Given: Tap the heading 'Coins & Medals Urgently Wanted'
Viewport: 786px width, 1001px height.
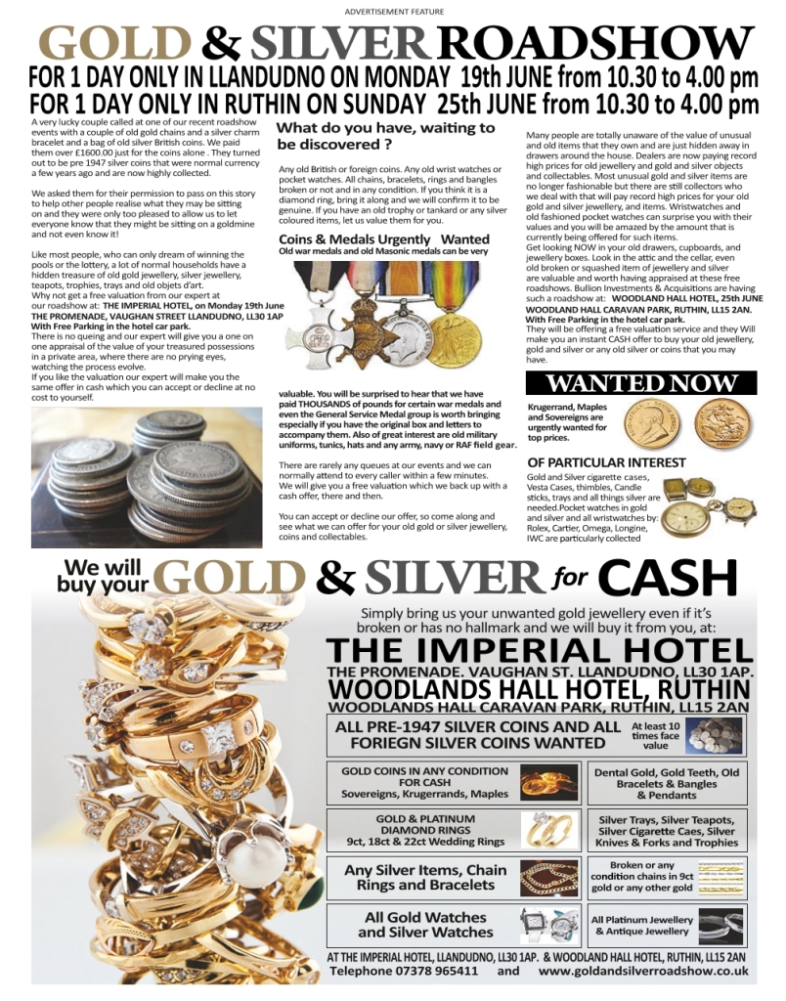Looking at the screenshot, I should click(x=384, y=239).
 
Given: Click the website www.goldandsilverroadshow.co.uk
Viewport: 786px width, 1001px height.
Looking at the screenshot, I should click(x=643, y=972).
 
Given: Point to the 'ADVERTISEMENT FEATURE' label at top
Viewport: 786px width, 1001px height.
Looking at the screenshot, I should click(x=394, y=11).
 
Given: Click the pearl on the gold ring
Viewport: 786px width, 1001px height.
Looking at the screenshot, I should click(x=250, y=860).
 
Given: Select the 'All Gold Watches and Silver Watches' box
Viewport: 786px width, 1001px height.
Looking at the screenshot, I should click(x=455, y=925).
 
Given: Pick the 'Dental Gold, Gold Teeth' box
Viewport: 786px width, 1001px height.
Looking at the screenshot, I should click(x=667, y=785).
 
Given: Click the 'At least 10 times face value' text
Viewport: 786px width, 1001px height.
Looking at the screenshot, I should click(x=656, y=735).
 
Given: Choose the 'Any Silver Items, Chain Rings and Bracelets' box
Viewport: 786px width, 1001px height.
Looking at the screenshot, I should click(x=455, y=878).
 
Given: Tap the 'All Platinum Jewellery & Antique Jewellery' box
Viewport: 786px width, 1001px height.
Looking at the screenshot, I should click(x=667, y=925).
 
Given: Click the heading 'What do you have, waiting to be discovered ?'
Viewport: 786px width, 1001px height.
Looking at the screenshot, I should click(x=385, y=136).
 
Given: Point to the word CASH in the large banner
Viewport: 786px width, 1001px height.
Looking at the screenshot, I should click(x=667, y=579).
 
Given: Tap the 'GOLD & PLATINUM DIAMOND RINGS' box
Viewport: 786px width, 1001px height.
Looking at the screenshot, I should click(x=455, y=830).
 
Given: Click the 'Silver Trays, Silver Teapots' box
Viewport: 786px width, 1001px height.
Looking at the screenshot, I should click(x=667, y=831).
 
